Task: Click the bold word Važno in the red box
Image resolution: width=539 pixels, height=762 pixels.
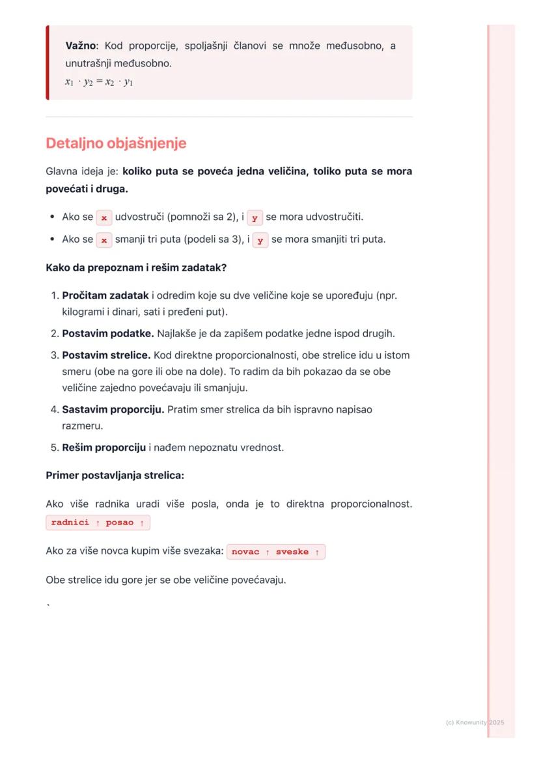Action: pyautogui.click(x=81, y=46)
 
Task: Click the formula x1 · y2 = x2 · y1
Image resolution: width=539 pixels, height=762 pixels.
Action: pyautogui.click(x=99, y=82)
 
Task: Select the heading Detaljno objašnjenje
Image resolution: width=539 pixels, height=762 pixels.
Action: pyautogui.click(x=116, y=143)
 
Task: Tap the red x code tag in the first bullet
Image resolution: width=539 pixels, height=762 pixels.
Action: pyautogui.click(x=104, y=217)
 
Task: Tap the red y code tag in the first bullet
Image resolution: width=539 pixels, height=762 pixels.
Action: pyautogui.click(x=255, y=217)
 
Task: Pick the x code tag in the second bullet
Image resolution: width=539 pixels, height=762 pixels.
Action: pyautogui.click(x=104, y=239)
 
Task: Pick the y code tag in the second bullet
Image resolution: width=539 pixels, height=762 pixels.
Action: pyautogui.click(x=260, y=239)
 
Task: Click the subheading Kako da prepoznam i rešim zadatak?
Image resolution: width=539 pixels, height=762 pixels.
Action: pyautogui.click(x=136, y=267)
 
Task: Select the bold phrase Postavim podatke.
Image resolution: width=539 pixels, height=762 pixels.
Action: pyautogui.click(x=108, y=334)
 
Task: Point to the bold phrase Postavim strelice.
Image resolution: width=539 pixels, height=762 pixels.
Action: pyautogui.click(x=106, y=356)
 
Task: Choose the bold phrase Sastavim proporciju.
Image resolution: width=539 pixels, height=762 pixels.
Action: pyautogui.click(x=113, y=410)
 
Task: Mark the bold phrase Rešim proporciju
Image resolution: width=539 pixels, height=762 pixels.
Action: pyautogui.click(x=104, y=448)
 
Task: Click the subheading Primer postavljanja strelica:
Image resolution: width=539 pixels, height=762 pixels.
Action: pyautogui.click(x=115, y=476)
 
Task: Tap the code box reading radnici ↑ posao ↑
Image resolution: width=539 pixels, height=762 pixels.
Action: pyautogui.click(x=98, y=523)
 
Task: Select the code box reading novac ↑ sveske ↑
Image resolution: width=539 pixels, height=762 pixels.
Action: pyautogui.click(x=276, y=552)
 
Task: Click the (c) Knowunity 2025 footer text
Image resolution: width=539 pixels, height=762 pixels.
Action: pyautogui.click(x=475, y=722)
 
